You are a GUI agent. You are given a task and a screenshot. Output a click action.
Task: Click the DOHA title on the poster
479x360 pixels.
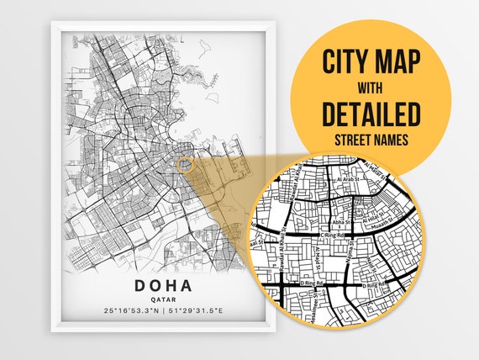click(165, 285)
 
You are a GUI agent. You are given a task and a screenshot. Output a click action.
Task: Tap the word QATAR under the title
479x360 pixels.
click(165, 299)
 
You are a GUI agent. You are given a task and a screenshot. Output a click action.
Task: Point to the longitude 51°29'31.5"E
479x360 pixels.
click(198, 312)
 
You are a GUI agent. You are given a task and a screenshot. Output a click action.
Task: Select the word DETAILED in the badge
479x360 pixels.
click(371, 113)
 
